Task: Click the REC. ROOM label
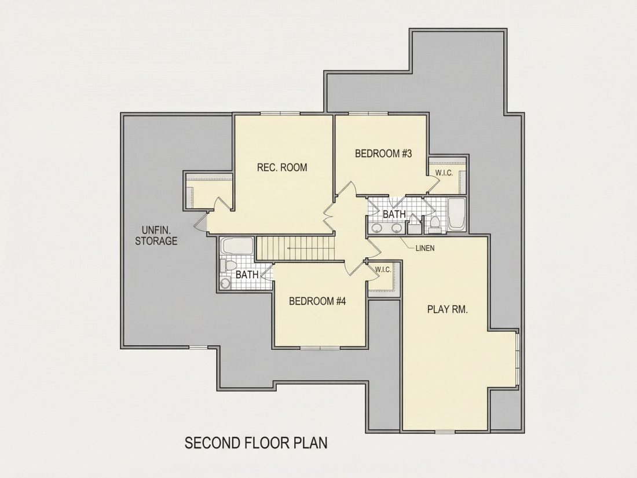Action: (282, 167)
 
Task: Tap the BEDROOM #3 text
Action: (383, 154)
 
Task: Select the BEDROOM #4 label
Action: (317, 301)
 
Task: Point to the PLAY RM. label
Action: (448, 309)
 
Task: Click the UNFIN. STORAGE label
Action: (156, 235)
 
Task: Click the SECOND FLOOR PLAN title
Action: (256, 443)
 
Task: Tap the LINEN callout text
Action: (425, 248)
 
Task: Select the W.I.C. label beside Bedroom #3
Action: (444, 173)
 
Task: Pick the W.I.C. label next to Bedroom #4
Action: (383, 269)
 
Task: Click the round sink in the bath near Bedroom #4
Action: (225, 283)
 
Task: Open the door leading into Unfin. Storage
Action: (200, 222)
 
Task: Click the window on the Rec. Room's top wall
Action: (281, 114)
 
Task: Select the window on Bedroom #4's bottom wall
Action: (320, 348)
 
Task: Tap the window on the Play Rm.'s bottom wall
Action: (446, 431)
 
